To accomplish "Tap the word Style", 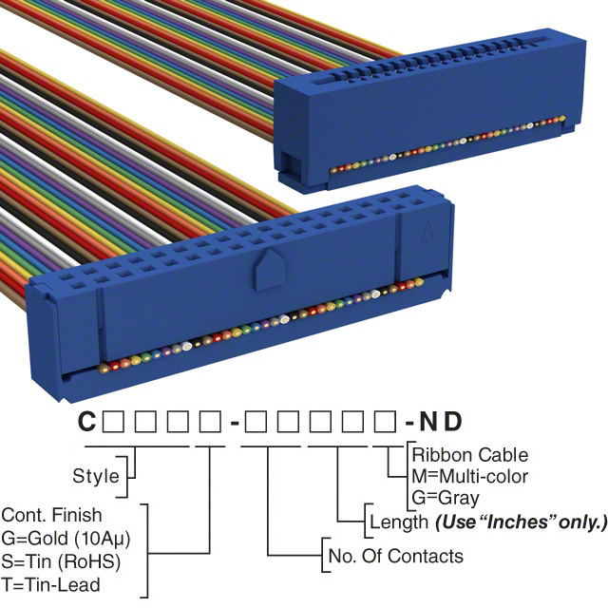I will (x=96, y=476).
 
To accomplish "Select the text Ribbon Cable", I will (x=469, y=455).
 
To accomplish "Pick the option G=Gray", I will (x=446, y=497).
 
